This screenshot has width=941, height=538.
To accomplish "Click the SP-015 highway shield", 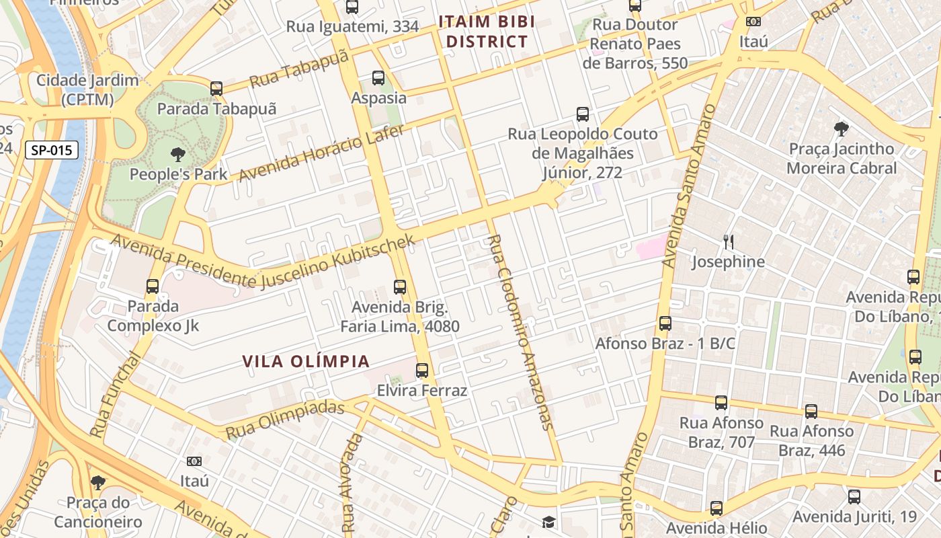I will point(52,150).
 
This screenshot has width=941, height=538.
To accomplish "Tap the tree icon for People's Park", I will point(178,155).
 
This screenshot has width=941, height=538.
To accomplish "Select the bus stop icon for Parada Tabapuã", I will point(216,89).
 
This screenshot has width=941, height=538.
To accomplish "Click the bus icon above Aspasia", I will point(378,78).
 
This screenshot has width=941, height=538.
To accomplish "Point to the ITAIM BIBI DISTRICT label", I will point(487,32).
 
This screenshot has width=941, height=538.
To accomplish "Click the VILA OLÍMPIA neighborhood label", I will point(306,361).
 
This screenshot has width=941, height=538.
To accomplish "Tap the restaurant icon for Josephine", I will point(728,241).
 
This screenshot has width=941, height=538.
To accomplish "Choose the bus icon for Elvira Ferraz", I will point(421,371).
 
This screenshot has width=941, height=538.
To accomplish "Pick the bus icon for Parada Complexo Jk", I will point(153,286).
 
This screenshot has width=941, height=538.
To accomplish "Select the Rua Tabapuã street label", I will point(299,69).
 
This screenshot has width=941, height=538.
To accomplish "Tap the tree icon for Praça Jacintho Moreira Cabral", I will point(841,129).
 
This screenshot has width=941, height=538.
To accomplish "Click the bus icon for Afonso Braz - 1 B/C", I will point(665,323).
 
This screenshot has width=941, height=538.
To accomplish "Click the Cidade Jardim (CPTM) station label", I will point(87,90).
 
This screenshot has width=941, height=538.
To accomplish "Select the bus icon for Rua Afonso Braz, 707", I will point(721,403).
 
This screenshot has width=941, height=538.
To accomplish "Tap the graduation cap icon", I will point(549,522).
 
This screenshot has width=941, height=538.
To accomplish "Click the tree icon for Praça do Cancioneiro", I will point(98,482).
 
